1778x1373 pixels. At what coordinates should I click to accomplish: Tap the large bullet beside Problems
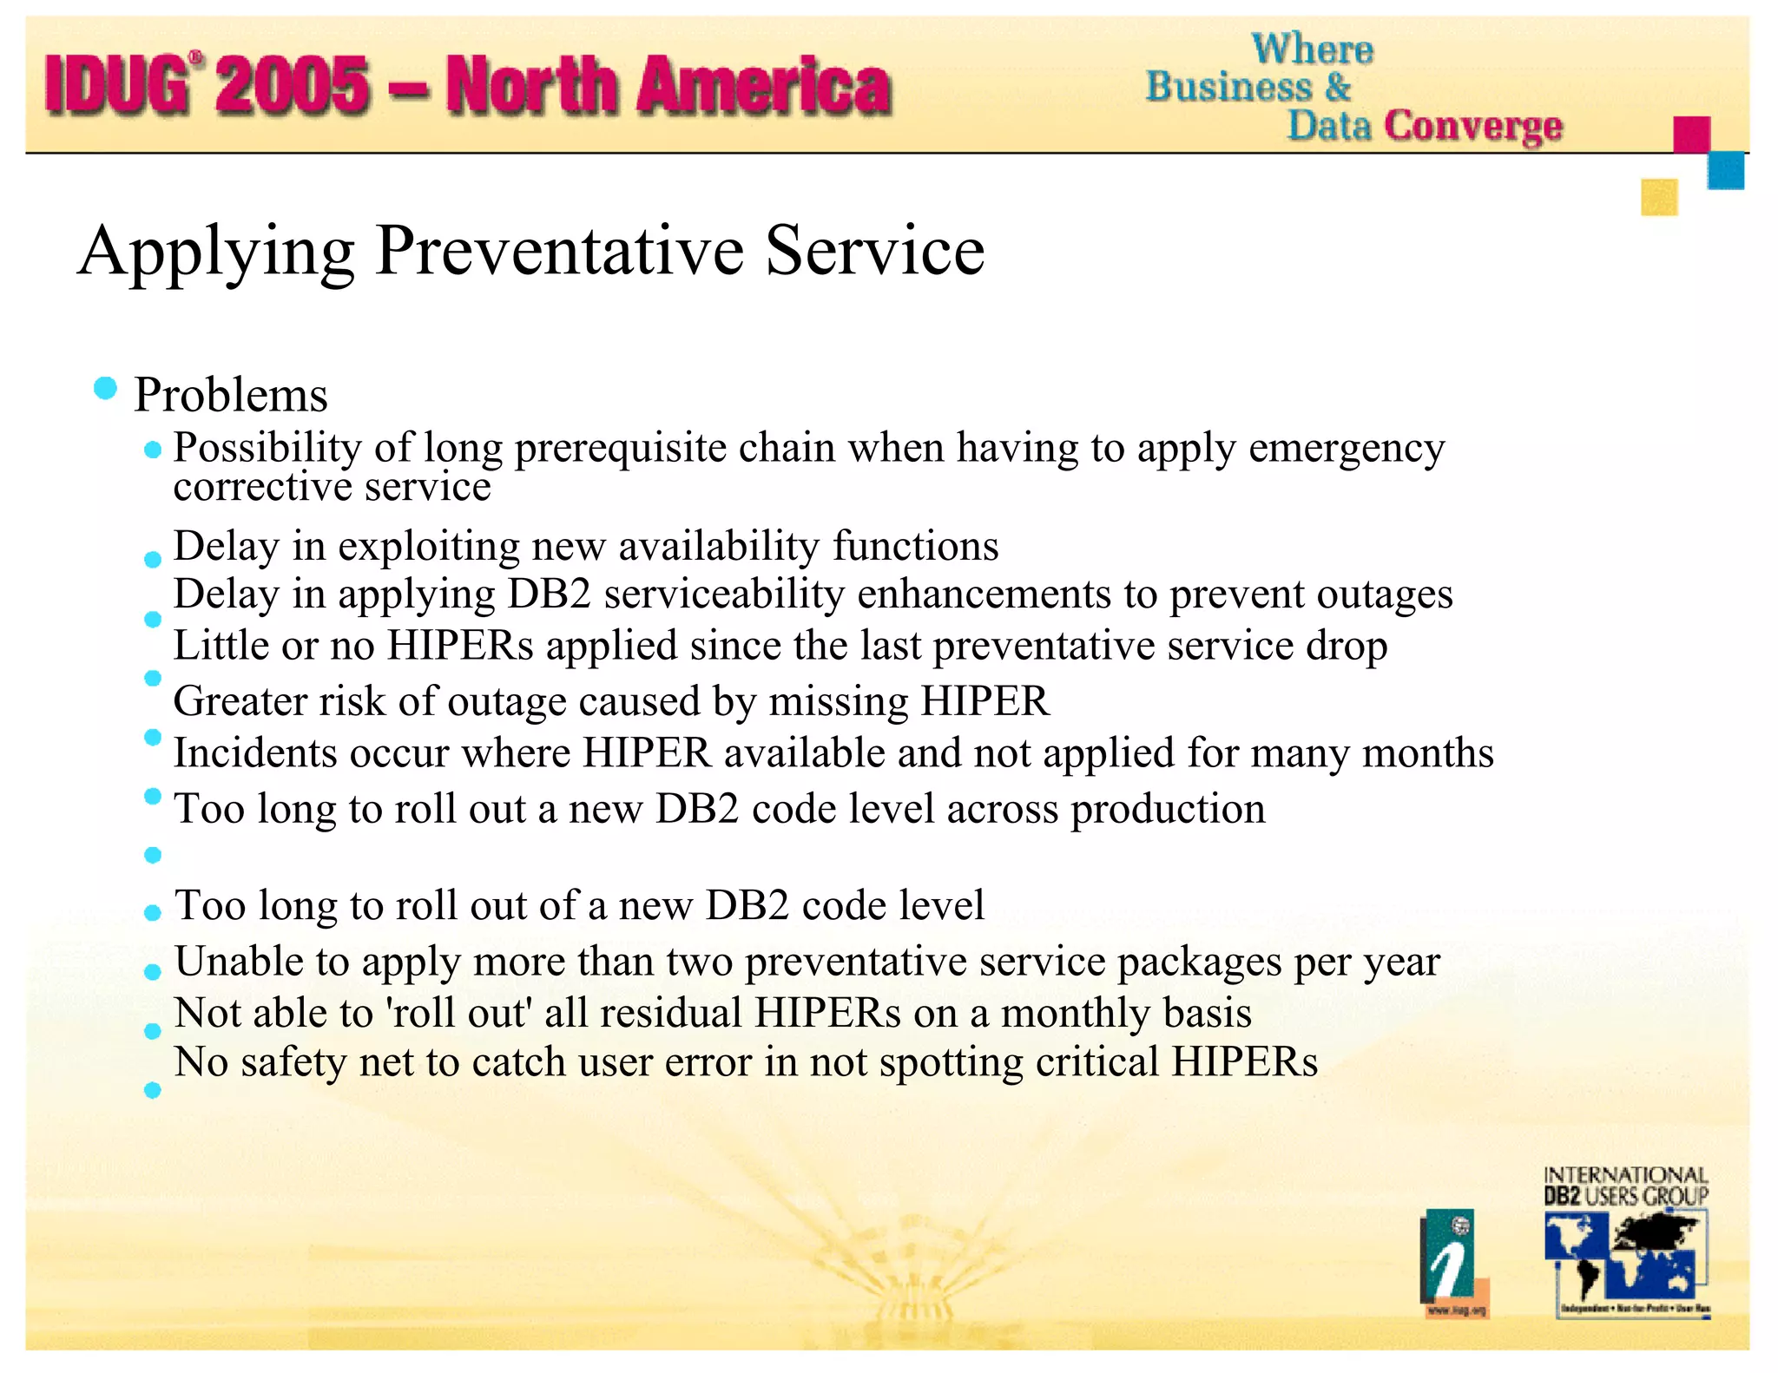[x=105, y=388]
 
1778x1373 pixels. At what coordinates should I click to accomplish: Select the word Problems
[x=231, y=396]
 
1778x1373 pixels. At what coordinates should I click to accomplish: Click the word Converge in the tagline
[x=1473, y=126]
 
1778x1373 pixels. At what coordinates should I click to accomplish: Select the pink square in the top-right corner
[x=1691, y=135]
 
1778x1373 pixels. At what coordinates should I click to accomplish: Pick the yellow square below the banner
[x=1659, y=197]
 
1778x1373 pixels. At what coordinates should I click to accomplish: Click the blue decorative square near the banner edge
[x=1726, y=170]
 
